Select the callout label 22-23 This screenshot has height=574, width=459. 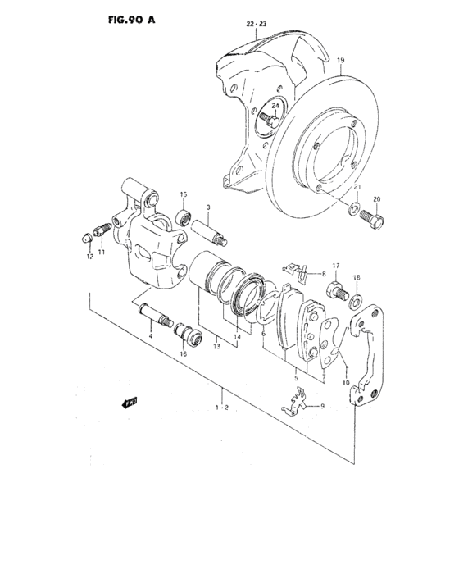pyautogui.click(x=257, y=25)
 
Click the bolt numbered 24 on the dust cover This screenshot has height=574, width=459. pyautogui.click(x=266, y=122)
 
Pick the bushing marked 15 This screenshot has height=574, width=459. pyautogui.click(x=185, y=217)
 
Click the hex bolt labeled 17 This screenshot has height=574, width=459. pyautogui.click(x=337, y=289)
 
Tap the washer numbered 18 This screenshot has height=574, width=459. pyautogui.click(x=357, y=298)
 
